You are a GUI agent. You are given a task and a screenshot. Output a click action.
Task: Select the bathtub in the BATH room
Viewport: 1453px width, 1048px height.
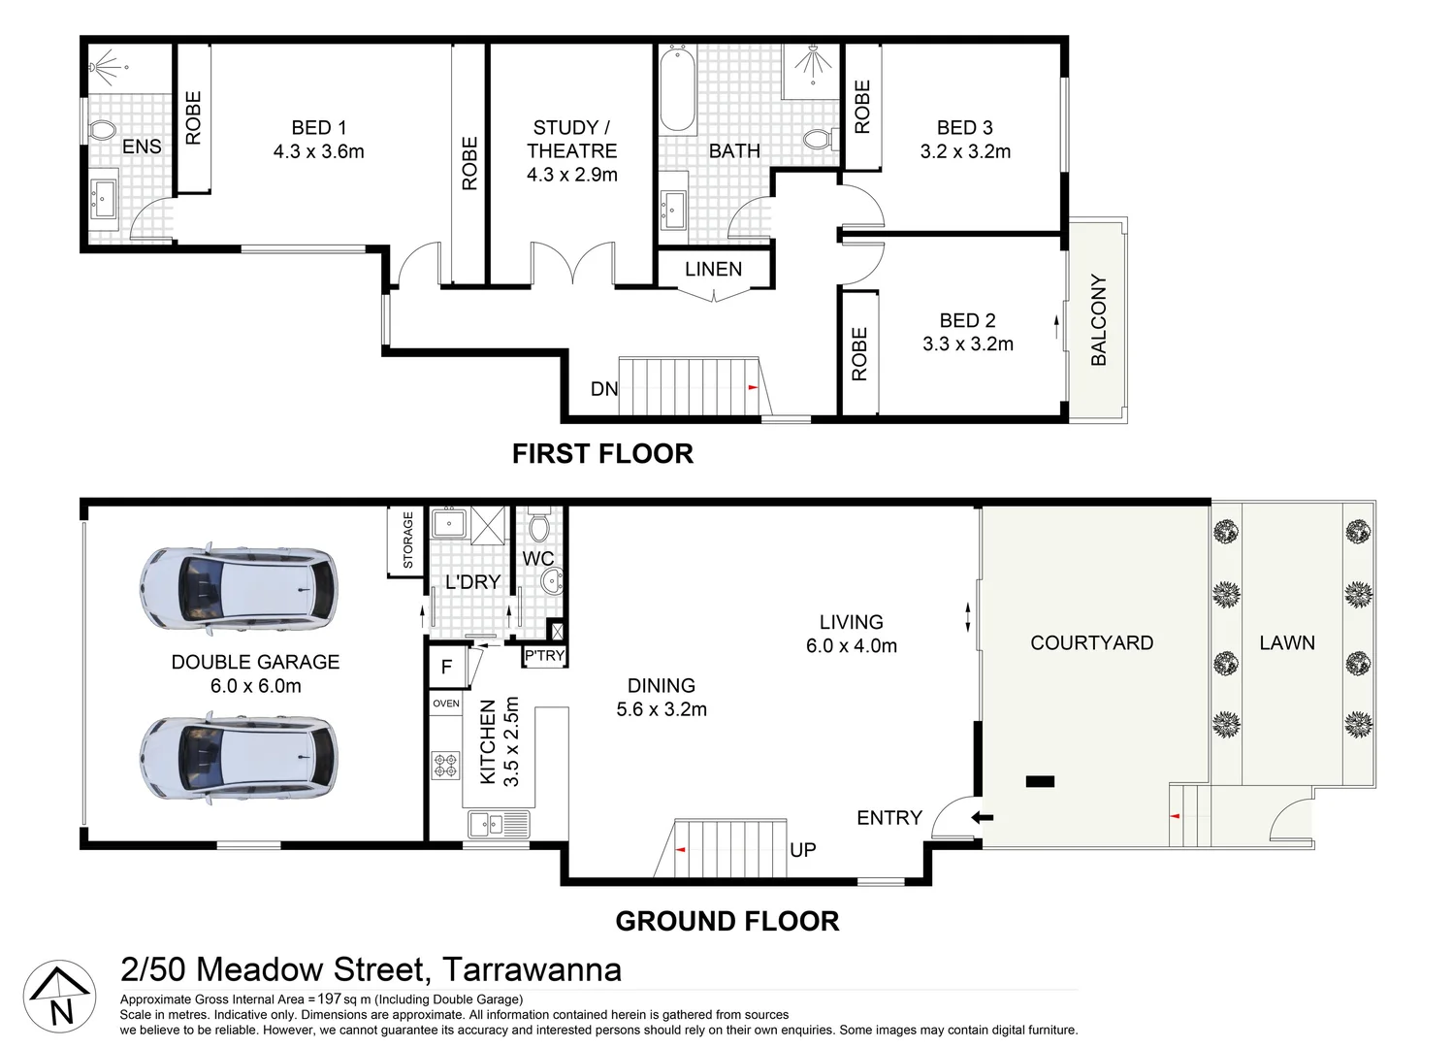pyautogui.click(x=678, y=89)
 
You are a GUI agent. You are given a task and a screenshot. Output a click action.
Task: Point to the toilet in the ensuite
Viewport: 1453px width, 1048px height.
pyautogui.click(x=102, y=130)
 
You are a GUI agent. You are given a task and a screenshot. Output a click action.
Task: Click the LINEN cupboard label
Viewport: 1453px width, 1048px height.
pyautogui.click(x=713, y=270)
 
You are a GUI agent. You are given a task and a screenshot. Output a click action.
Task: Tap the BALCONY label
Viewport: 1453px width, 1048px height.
pyautogui.click(x=1098, y=319)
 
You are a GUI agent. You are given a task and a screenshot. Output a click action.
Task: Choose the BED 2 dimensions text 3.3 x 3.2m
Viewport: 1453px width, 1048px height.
pyautogui.click(x=967, y=344)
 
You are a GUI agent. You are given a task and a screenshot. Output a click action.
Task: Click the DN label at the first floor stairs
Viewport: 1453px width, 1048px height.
pyautogui.click(x=603, y=389)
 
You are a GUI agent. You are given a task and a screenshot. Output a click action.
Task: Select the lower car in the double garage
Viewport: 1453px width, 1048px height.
pyautogui.click(x=239, y=757)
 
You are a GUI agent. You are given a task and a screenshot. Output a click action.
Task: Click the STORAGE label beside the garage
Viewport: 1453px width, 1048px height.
pyautogui.click(x=407, y=540)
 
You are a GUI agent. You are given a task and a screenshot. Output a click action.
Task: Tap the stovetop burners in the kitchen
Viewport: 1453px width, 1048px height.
pyautogui.click(x=445, y=766)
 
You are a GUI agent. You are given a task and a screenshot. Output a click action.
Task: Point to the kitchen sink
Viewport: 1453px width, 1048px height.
pyautogui.click(x=499, y=825)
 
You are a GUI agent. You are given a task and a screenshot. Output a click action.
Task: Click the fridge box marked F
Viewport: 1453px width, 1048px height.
pyautogui.click(x=446, y=668)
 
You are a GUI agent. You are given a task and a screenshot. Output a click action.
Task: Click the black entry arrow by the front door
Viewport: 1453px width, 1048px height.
pyautogui.click(x=983, y=818)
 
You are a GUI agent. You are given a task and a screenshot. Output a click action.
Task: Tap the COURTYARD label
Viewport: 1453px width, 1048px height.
pyautogui.click(x=1091, y=642)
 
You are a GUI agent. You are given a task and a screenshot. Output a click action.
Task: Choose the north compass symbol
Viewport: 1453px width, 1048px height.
pyautogui.click(x=60, y=997)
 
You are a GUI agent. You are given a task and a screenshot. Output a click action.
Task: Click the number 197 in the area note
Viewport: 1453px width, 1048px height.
pyautogui.click(x=330, y=999)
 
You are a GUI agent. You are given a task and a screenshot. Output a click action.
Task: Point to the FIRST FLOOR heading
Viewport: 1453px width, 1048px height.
pyautogui.click(x=602, y=453)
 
